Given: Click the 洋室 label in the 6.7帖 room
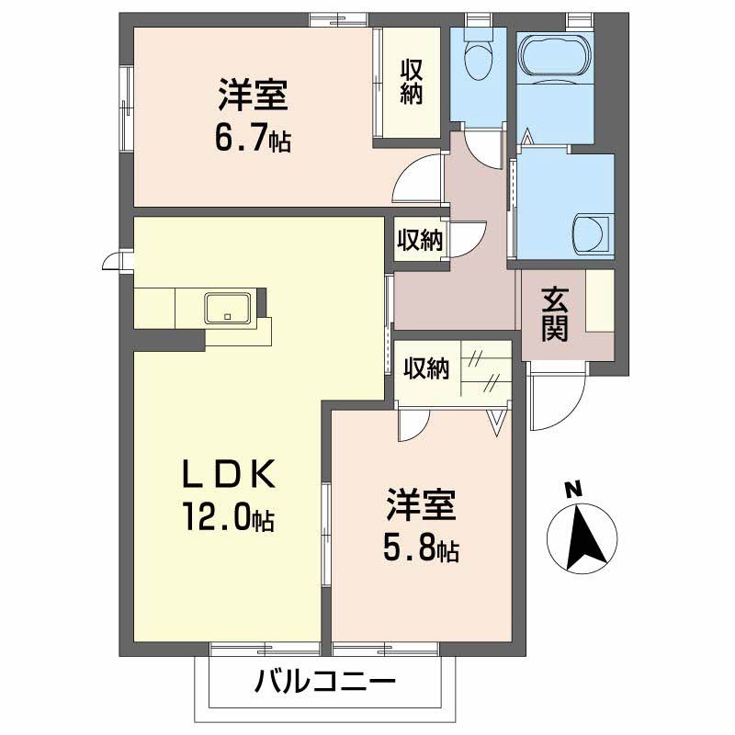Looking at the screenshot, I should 254,96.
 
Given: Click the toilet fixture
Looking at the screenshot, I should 477,61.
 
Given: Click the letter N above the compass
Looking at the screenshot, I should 571,490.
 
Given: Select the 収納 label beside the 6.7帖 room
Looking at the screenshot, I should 411,82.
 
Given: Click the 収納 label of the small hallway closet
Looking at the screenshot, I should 420,240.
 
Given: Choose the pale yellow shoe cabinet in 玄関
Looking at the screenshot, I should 600,301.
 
